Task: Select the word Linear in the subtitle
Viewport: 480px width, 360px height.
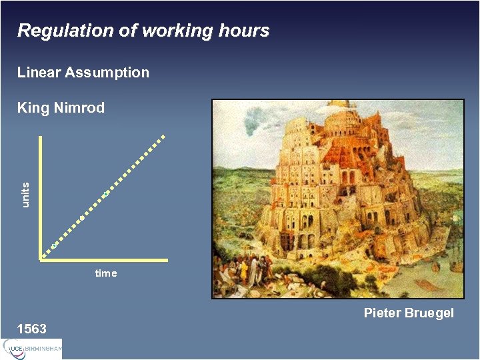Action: pos(39,72)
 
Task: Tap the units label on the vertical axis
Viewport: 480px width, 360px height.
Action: pos(26,194)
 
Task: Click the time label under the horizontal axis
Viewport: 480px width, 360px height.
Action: pos(106,273)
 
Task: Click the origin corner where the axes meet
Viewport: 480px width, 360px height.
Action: pos(41,259)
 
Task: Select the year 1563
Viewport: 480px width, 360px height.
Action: pos(32,329)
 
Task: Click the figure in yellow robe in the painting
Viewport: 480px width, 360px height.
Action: pos(244,270)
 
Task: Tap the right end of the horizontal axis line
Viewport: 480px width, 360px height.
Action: pos(166,259)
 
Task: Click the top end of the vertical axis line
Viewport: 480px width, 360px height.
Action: pos(41,137)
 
